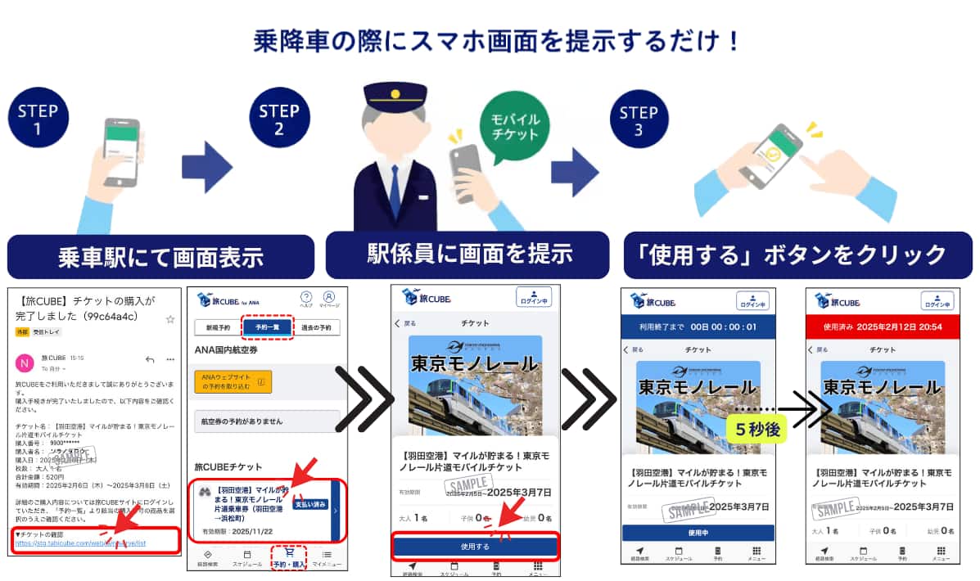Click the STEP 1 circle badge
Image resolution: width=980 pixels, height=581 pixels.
pos(37,119)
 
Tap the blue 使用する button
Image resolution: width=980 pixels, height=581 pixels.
pos(475,547)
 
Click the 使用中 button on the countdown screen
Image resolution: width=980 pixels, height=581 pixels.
pos(697,533)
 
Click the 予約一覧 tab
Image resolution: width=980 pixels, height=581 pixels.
pos(266,327)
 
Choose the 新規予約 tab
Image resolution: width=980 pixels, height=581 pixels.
pos(217,327)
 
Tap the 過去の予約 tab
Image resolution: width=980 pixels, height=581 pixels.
pos(315,327)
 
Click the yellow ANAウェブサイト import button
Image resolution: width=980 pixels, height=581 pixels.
pos(233,381)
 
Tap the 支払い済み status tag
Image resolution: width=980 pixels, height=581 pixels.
pos(309,504)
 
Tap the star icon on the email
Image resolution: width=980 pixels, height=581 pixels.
pos(170,318)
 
